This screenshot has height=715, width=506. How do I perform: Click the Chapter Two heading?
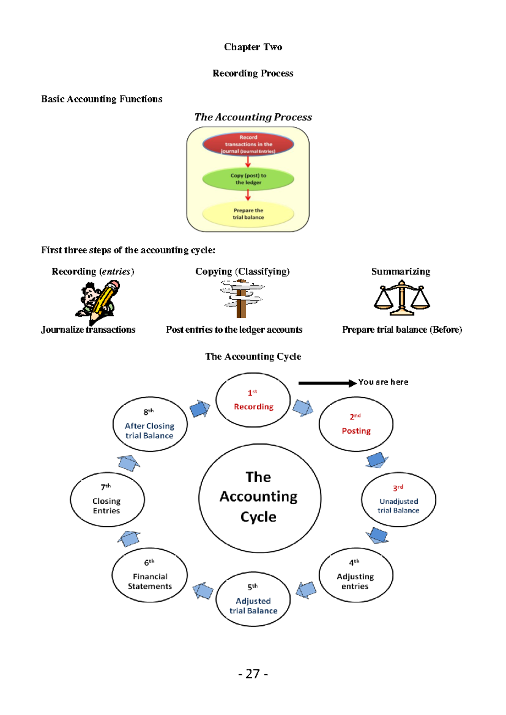tap(253, 47)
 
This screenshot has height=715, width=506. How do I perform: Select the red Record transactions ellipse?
tap(248, 144)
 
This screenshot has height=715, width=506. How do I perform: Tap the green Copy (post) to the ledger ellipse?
tap(248, 179)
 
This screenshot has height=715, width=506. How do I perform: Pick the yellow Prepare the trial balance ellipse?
tap(248, 214)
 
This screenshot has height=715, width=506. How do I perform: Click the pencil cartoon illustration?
tap(98, 301)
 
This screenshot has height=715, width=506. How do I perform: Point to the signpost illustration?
tap(242, 298)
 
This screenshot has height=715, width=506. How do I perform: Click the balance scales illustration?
tap(402, 300)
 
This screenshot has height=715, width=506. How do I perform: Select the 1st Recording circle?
tap(253, 400)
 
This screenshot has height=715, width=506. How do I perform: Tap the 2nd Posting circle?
tap(356, 424)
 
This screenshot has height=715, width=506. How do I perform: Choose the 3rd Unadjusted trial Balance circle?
tap(398, 500)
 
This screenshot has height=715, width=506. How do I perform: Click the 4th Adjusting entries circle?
tap(355, 575)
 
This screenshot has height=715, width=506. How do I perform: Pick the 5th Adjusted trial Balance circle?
tap(253, 599)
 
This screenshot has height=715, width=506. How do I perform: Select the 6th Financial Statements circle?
tap(150, 575)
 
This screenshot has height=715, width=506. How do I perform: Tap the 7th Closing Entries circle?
tap(107, 500)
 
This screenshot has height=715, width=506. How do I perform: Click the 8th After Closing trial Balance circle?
tap(150, 424)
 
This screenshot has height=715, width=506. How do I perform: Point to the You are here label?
tap(383, 382)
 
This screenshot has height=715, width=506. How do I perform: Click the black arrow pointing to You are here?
tap(327, 383)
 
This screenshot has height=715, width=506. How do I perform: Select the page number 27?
tap(253, 674)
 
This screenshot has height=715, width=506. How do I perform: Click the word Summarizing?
tap(401, 271)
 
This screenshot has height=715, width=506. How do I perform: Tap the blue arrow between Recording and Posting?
tap(302, 408)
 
